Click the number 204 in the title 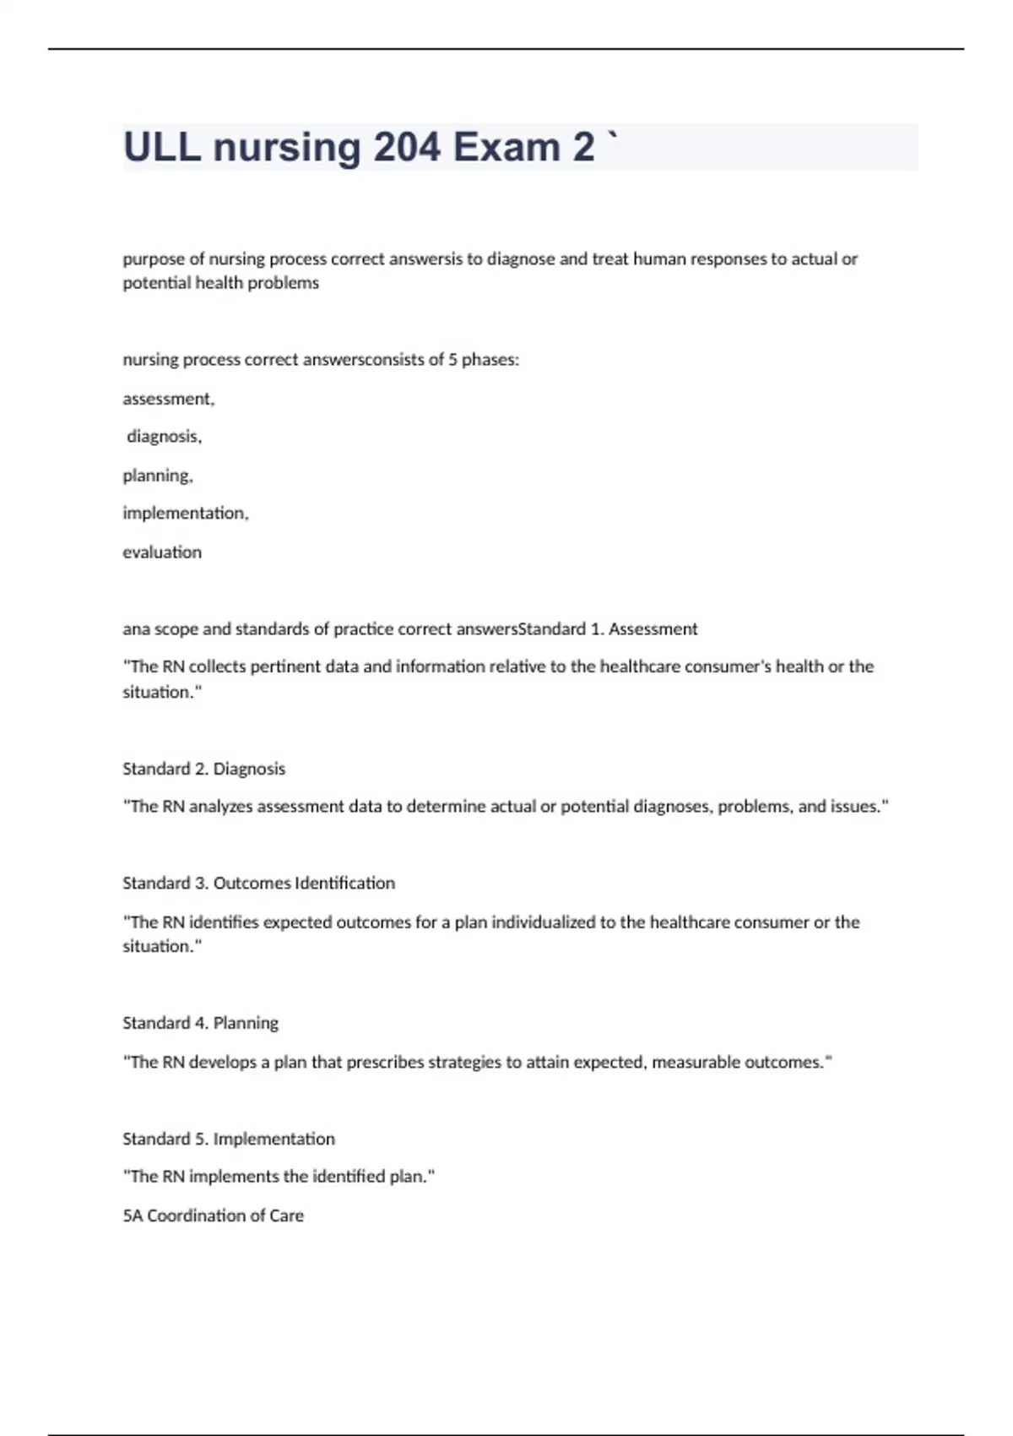click(x=407, y=147)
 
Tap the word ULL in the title click(x=162, y=147)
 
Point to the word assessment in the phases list click(x=167, y=399)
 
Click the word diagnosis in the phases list click(x=164, y=437)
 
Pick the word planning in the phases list click(x=157, y=476)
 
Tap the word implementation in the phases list click(x=185, y=514)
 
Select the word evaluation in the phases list click(x=162, y=552)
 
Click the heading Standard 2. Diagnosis click(x=203, y=769)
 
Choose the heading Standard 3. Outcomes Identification click(x=258, y=884)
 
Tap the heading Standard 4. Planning click(x=200, y=1023)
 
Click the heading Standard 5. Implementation click(x=228, y=1139)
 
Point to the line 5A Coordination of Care click(x=213, y=1216)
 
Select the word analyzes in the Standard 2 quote click(x=220, y=807)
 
